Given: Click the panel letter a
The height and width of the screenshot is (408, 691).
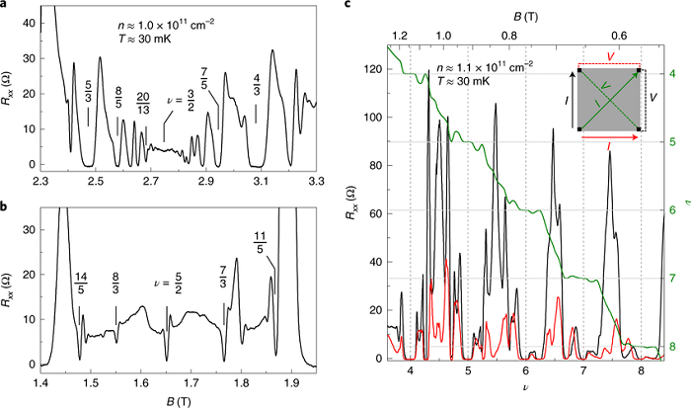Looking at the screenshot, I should [x=5, y=7].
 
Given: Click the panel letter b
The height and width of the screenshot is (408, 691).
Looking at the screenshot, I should [x=5, y=209].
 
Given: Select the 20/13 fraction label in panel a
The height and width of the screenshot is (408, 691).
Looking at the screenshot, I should [x=145, y=102].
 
